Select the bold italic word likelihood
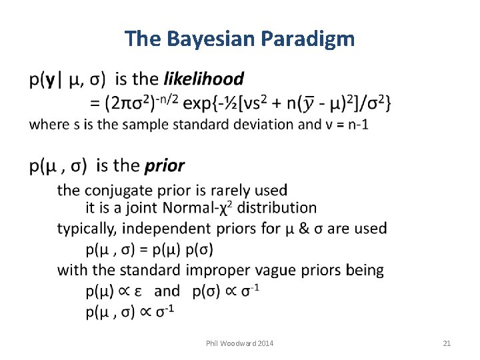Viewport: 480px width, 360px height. pos(203,79)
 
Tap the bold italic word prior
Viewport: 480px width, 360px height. pos(165,165)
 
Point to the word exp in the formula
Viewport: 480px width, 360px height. pos(199,103)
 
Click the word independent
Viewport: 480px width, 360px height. pos(165,229)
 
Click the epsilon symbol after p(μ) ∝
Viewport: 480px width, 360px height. pos(137,291)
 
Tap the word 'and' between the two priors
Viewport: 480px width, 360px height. pos(167,291)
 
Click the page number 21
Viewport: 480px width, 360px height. pos(447,343)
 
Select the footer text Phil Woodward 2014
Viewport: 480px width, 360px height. pos(240,343)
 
